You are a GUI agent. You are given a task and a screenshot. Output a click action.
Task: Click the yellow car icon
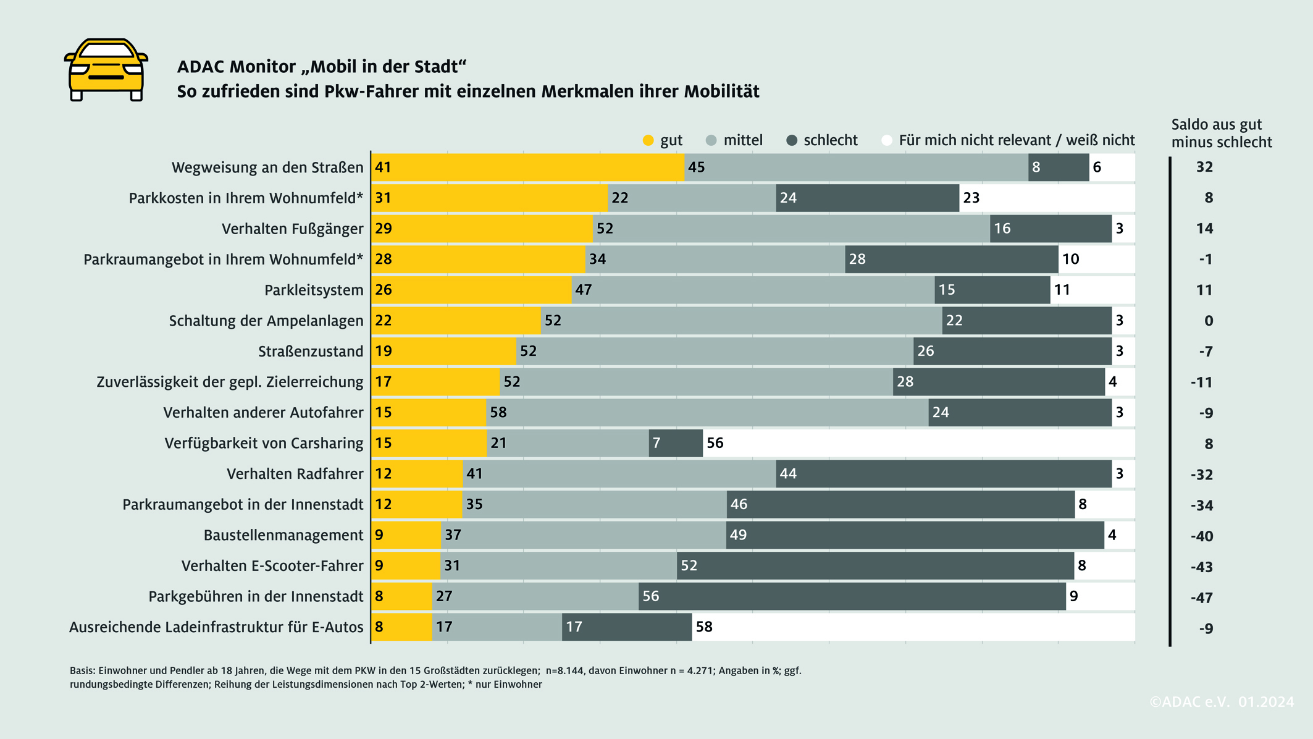(106, 69)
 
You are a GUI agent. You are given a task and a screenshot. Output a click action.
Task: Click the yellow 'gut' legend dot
(648, 140)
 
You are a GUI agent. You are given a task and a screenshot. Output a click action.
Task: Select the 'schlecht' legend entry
(821, 140)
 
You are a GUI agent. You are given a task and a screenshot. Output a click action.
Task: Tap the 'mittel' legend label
(742, 140)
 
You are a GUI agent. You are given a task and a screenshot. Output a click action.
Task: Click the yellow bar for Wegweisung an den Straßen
(528, 167)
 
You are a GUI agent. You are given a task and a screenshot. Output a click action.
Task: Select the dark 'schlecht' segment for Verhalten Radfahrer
(943, 474)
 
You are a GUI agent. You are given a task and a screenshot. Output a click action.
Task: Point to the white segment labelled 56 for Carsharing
(918, 443)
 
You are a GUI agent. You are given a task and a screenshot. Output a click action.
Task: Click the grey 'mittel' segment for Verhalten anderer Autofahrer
(707, 412)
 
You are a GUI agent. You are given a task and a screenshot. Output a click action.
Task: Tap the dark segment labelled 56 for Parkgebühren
(852, 596)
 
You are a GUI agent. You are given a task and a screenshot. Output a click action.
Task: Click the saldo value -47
(1202, 598)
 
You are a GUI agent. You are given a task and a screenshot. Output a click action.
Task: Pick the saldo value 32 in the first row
(1204, 167)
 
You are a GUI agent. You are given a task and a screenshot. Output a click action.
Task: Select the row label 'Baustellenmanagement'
(283, 535)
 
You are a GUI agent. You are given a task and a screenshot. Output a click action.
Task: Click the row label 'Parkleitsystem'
(313, 290)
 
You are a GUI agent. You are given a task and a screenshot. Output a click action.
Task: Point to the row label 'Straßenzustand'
(310, 351)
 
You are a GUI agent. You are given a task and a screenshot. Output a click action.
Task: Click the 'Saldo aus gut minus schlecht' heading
(1220, 133)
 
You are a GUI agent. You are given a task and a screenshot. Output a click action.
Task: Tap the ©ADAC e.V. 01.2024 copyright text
(1221, 702)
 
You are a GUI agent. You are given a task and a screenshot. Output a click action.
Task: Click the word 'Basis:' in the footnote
(82, 670)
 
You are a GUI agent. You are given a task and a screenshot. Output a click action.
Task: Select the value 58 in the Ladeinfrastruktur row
(704, 627)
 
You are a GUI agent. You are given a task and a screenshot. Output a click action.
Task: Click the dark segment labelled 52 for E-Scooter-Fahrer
(875, 566)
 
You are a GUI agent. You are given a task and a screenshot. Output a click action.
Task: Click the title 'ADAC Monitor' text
(236, 67)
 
